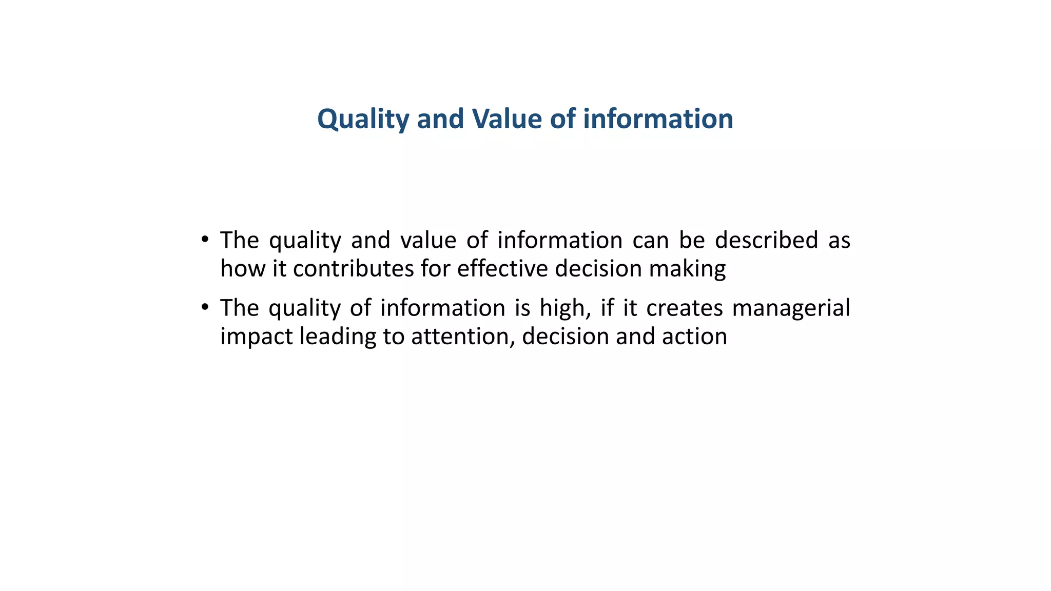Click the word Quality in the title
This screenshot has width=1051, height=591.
coord(363,119)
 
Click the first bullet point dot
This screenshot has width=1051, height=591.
coord(205,239)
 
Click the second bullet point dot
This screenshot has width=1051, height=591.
coord(205,307)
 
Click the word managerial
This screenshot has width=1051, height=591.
coord(791,308)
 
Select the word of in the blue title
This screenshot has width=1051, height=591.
coord(563,119)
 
